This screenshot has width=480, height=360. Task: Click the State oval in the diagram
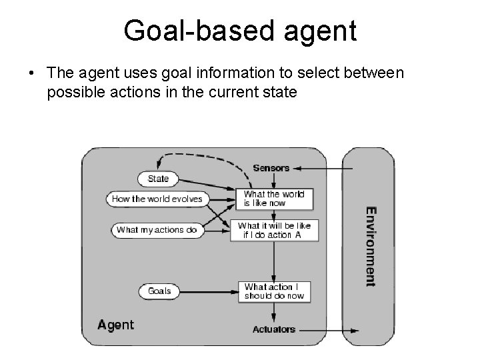pos(158,179)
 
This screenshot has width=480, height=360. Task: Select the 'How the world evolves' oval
pos(157,199)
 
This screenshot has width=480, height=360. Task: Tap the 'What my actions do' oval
pos(157,230)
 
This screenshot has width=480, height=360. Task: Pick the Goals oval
pos(159,291)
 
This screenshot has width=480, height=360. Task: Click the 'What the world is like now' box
pos(274,199)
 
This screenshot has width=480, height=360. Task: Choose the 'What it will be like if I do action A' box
pos(274,230)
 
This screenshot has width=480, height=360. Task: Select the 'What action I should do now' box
pos(274,291)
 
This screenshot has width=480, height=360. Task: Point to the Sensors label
pos(271,168)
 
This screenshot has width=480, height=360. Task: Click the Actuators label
pos(273,329)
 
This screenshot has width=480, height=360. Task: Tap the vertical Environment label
pos(370,246)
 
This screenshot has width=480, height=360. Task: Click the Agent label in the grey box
pos(116,325)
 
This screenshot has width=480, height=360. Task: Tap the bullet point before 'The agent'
pos(32,73)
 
